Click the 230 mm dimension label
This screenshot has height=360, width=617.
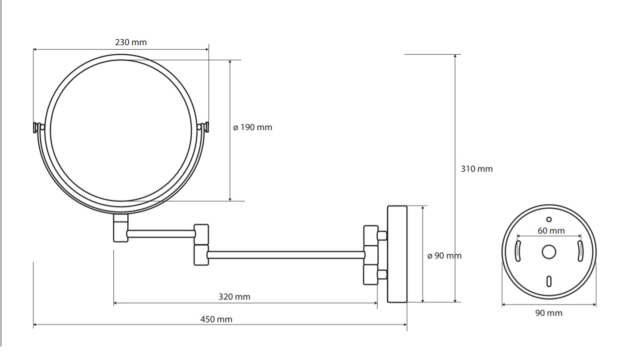pyautogui.click(x=131, y=42)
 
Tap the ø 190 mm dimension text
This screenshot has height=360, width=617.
pyautogui.click(x=253, y=127)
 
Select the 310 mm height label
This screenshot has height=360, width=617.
pyautogui.click(x=477, y=168)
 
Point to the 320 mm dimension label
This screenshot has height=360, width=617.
pyautogui.click(x=234, y=297)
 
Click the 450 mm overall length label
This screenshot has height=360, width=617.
pyautogui.click(x=216, y=319)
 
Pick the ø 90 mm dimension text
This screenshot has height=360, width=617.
pyautogui.click(x=444, y=256)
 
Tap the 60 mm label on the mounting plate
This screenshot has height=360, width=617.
pyautogui.click(x=551, y=231)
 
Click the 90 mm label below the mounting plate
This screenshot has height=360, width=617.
pyautogui.click(x=549, y=313)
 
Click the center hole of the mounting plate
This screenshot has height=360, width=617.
pyautogui.click(x=549, y=252)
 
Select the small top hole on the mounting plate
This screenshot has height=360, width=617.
pyautogui.click(x=549, y=220)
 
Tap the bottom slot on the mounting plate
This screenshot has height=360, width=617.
pyautogui.click(x=549, y=281)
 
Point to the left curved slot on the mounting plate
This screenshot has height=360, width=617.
pyautogui.click(x=518, y=251)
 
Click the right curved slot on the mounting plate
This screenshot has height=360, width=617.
pyautogui.click(x=580, y=251)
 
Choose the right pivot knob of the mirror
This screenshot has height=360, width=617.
pyautogui.click(x=203, y=127)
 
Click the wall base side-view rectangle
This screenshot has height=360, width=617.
pyautogui.click(x=397, y=254)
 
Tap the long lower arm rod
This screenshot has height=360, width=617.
pyautogui.click(x=286, y=255)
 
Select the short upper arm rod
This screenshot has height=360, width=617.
pyautogui.click(x=161, y=234)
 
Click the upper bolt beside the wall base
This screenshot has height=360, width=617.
pyautogui.click(x=382, y=236)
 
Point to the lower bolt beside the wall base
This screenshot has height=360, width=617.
pyautogui.click(x=382, y=275)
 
